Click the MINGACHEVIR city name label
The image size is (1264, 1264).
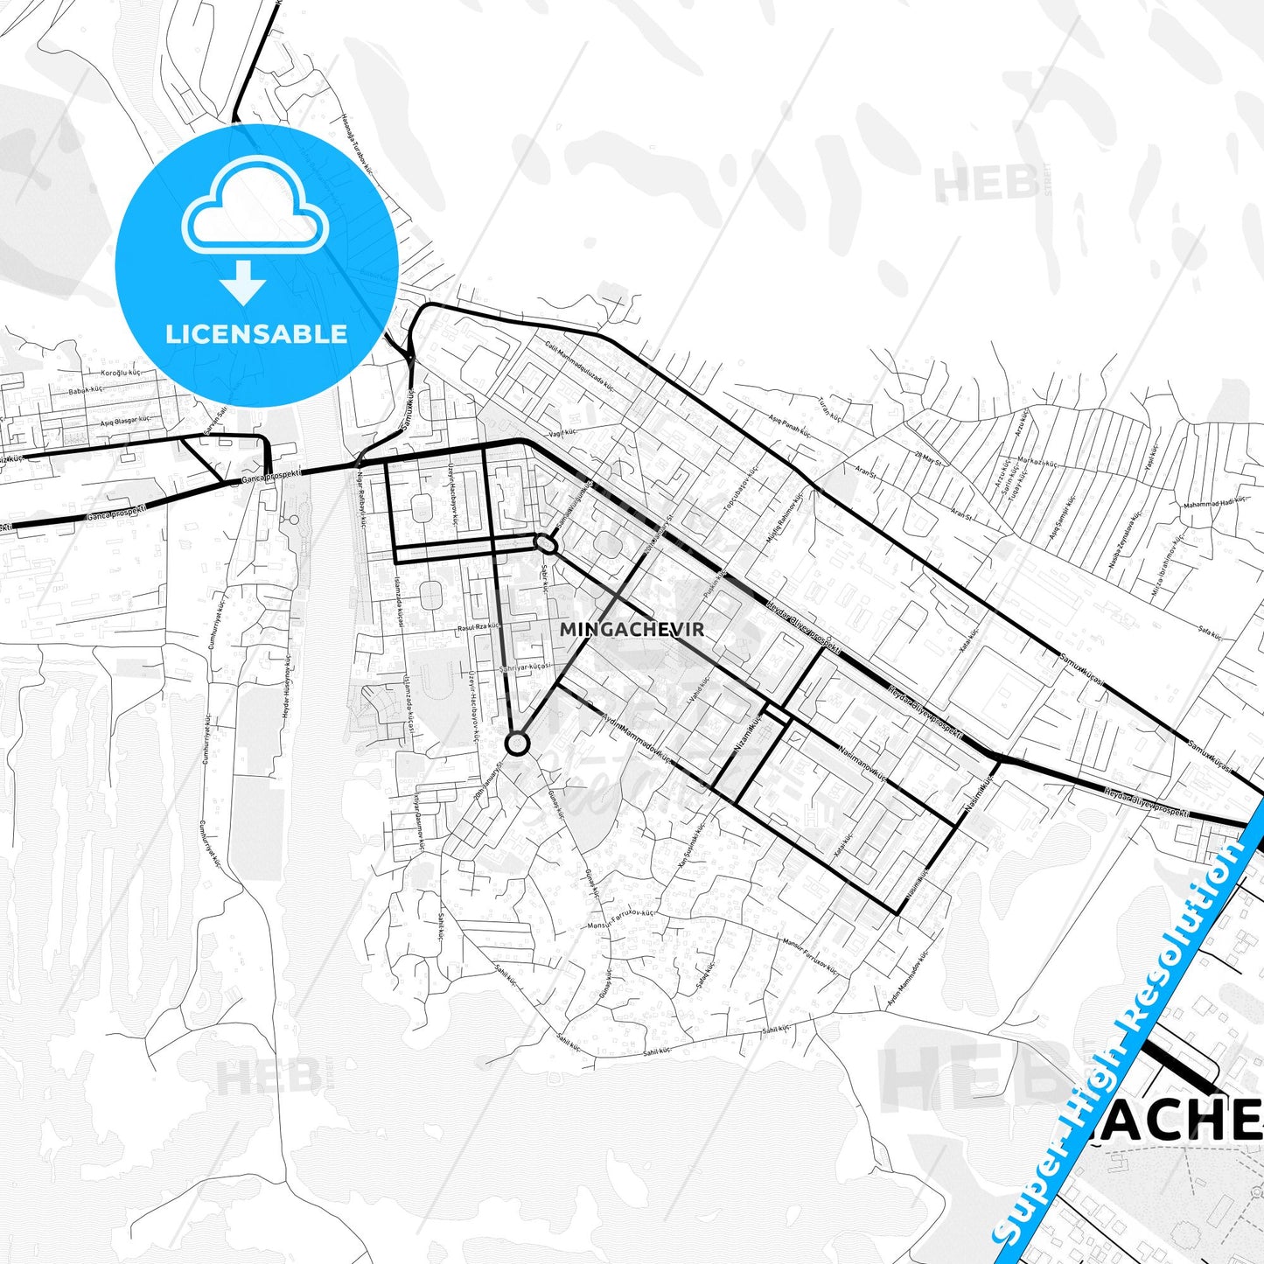tap(632, 629)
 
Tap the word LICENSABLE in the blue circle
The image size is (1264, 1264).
tap(256, 333)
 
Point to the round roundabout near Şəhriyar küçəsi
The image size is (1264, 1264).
tap(517, 744)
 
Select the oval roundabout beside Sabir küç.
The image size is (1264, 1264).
tap(546, 544)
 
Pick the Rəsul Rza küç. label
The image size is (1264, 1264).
tap(478, 627)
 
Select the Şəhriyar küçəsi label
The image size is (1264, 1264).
tap(525, 667)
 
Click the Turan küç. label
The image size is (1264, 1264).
tap(828, 406)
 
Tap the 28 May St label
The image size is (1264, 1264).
tap(928, 457)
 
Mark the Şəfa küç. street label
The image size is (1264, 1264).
tap(1210, 630)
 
